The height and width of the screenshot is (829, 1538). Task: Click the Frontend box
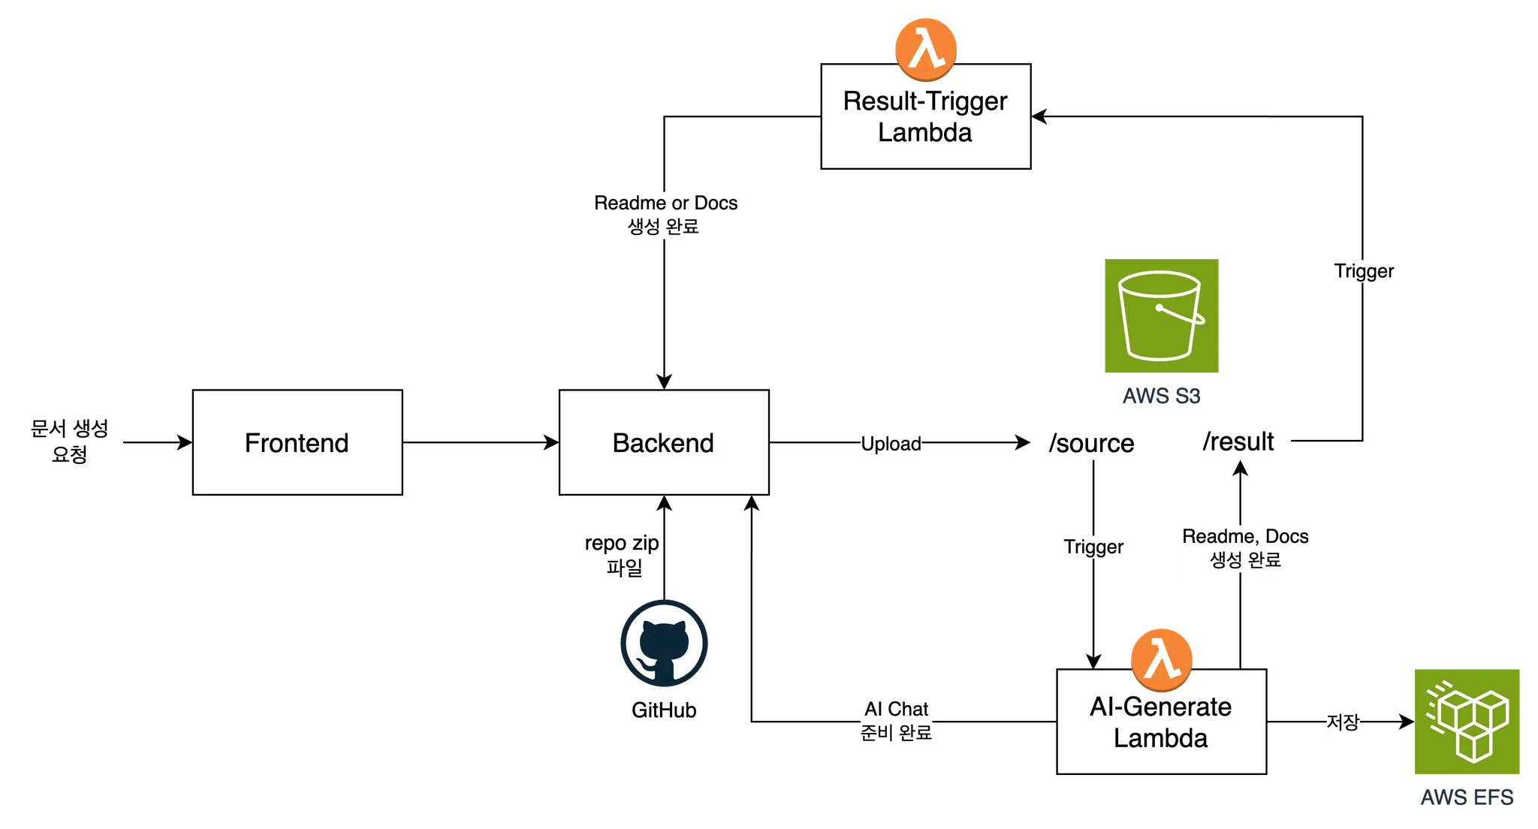[297, 442]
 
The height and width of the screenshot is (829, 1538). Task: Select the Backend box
[664, 442]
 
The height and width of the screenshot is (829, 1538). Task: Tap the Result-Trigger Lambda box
[926, 116]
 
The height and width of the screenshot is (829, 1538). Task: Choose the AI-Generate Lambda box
[1162, 722]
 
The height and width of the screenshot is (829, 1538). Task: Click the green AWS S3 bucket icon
[1162, 315]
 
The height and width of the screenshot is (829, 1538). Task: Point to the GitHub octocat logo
[664, 644]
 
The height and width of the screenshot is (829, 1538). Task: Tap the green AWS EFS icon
[1467, 722]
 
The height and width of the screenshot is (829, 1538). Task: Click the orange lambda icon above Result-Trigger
[926, 50]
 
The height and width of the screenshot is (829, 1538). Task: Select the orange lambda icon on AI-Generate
[1162, 660]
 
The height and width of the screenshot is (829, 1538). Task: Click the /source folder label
[1092, 443]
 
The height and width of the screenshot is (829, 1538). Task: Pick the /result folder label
[1238, 442]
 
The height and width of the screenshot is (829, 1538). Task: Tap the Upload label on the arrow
[891, 444]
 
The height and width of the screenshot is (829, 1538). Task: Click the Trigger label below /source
[1093, 547]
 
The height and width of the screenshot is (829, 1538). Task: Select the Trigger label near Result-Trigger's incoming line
[1364, 271]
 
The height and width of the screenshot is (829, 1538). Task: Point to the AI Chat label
[896, 709]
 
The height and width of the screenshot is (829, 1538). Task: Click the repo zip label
[622, 543]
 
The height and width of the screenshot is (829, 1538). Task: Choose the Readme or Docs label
[665, 203]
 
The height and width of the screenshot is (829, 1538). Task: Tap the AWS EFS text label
[1467, 797]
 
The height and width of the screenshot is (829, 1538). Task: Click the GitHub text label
[664, 710]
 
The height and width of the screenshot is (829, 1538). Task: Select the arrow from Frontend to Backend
[481, 442]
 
